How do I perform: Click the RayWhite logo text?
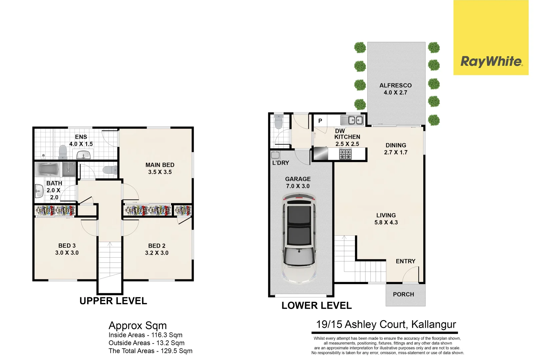tap(491, 61)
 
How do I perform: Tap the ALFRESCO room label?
tap(395, 85)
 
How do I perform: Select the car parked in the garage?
tap(299, 238)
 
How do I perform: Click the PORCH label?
tap(403, 294)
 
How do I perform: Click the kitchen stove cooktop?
tap(345, 154)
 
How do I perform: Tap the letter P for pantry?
tap(320, 121)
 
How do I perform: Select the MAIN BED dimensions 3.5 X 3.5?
tap(160, 172)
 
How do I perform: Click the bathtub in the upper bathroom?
tap(48, 169)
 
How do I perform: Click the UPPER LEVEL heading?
tap(113, 301)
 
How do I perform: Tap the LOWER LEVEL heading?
tap(317, 305)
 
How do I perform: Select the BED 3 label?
tap(67, 246)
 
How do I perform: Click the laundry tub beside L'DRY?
tap(275, 155)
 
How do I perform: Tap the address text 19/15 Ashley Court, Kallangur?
tap(386, 324)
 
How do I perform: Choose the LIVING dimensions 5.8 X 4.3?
tap(386, 222)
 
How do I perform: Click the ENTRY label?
tap(405, 261)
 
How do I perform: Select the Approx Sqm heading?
tap(138, 325)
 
